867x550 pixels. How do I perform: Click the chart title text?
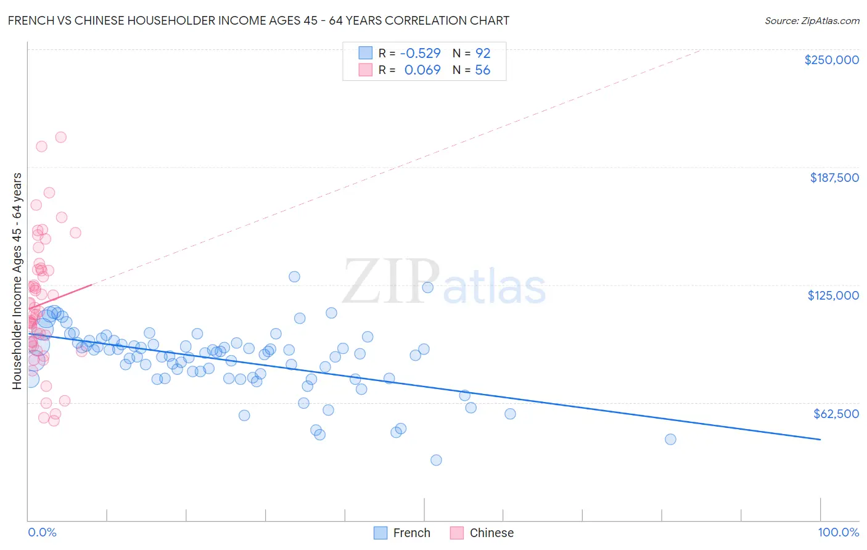click(x=258, y=20)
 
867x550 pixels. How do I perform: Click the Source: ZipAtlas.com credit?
click(x=812, y=20)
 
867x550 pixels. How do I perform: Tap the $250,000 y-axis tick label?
click(x=831, y=60)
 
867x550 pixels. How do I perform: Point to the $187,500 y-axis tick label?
click(x=834, y=178)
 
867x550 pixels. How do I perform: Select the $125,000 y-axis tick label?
click(x=833, y=295)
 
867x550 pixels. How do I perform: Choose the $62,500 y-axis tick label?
click(x=836, y=414)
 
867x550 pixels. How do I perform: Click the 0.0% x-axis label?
click(x=42, y=532)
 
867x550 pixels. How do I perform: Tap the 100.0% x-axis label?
click(x=838, y=532)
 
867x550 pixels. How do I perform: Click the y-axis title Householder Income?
click(x=17, y=281)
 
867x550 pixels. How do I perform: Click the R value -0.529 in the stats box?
click(x=420, y=53)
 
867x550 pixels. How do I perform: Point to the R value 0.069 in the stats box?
click(x=422, y=70)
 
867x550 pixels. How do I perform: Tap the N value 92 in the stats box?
click(x=483, y=53)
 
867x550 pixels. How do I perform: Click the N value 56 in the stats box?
click(x=483, y=70)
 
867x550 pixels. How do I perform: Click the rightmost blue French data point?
click(x=670, y=439)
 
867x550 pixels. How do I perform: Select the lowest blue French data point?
click(x=436, y=460)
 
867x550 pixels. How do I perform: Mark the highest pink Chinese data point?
click(x=60, y=137)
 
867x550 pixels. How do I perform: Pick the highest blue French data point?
click(x=294, y=277)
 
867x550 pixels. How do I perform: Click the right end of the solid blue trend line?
click(x=820, y=439)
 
